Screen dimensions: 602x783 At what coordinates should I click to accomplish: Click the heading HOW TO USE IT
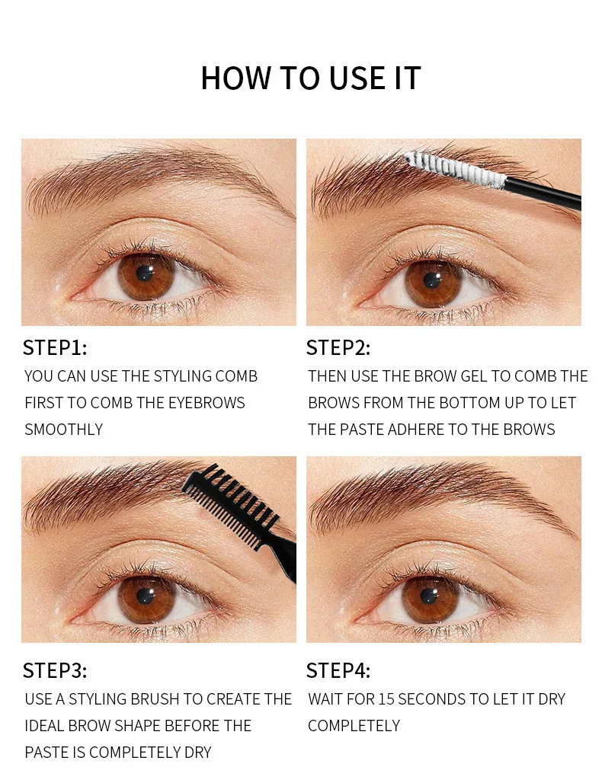[311, 78]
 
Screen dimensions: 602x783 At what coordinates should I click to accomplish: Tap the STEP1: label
[55, 348]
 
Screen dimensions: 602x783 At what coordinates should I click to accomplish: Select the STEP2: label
[338, 348]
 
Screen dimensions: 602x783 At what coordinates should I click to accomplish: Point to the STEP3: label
[55, 670]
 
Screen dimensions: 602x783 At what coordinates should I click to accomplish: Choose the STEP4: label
[338, 670]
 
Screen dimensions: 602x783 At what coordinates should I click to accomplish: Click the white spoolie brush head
[455, 170]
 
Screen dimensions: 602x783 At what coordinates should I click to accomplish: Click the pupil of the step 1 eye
[144, 273]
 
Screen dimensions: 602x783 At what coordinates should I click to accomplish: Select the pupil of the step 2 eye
[431, 280]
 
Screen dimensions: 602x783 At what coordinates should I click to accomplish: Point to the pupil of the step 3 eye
[144, 596]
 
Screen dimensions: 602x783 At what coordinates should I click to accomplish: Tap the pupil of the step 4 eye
[429, 596]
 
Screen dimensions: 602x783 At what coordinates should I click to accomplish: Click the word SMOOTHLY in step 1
[63, 430]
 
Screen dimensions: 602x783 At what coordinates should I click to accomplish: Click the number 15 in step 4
[386, 699]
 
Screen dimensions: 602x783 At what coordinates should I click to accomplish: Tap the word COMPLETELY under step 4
[354, 726]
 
